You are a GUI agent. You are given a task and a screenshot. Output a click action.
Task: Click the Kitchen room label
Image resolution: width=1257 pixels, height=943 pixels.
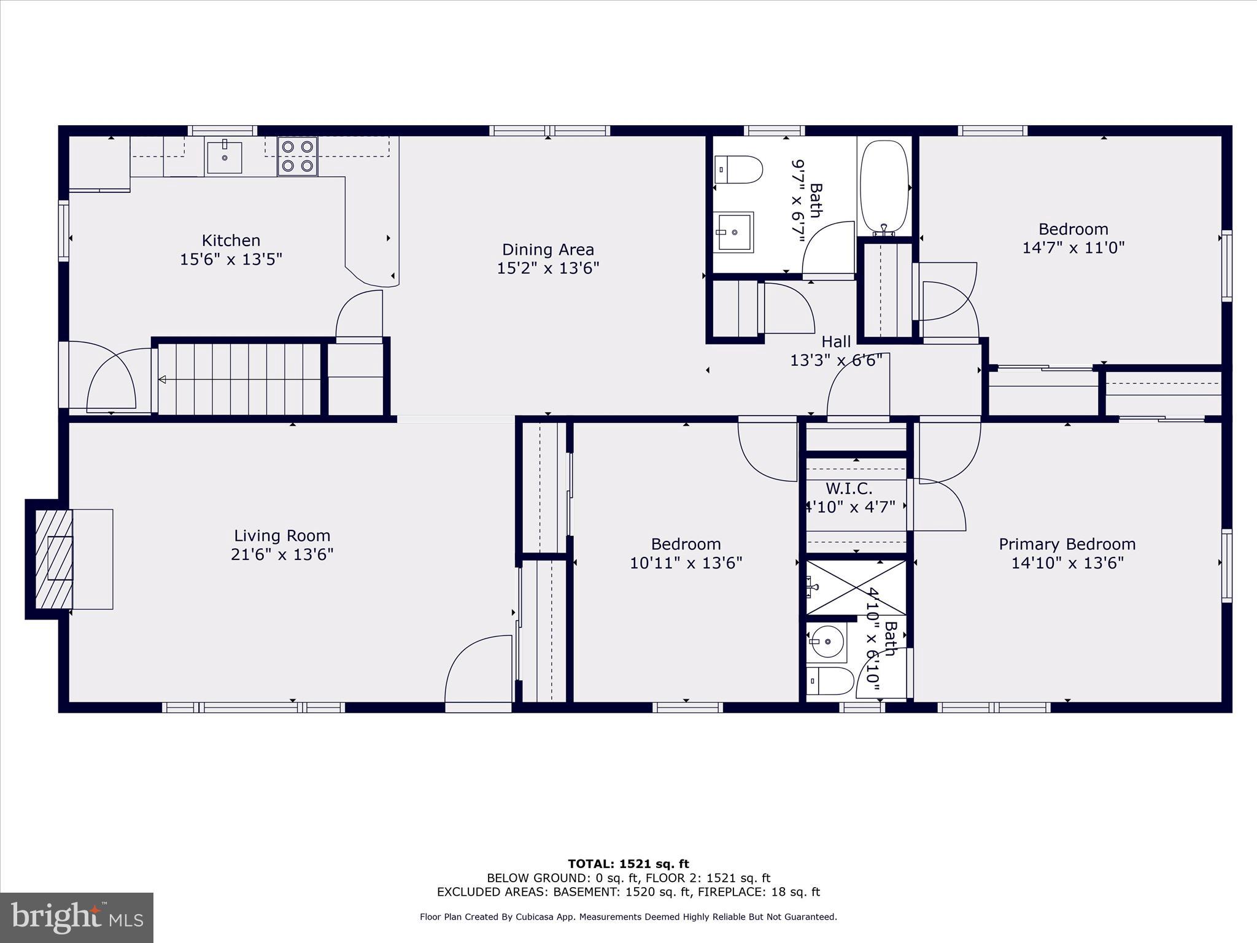(231, 240)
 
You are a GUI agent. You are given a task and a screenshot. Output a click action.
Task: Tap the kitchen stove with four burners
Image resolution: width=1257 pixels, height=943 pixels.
(298, 156)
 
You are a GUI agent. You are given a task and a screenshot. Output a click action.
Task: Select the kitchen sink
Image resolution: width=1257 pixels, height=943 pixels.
(224, 157)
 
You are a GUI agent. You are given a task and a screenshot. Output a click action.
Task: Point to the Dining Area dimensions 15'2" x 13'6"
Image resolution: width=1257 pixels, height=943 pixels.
(547, 268)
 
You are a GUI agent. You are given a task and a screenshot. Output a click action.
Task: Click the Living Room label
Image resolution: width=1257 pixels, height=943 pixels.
(282, 535)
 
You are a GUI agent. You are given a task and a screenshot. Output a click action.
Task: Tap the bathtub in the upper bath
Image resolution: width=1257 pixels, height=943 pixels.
(884, 187)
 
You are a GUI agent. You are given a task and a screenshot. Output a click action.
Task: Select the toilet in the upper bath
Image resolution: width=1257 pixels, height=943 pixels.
(740, 169)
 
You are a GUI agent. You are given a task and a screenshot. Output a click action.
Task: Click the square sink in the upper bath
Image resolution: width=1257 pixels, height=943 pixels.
(735, 232)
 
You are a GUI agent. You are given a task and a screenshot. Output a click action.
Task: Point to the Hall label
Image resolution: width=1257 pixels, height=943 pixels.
(836, 341)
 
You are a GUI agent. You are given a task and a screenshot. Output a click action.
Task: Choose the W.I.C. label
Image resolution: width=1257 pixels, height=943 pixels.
(849, 489)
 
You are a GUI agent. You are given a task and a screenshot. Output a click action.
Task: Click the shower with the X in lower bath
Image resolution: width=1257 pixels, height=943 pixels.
(856, 587)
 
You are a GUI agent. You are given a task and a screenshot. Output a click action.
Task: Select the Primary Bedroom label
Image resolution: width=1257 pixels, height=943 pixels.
(1067, 544)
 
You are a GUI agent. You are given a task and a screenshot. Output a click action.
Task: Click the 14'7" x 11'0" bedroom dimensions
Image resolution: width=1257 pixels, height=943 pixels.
(1073, 247)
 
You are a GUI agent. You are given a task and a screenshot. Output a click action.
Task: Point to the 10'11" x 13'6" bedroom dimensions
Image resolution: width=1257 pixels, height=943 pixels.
(686, 562)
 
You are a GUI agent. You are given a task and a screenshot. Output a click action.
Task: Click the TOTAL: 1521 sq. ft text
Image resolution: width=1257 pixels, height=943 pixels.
(628, 864)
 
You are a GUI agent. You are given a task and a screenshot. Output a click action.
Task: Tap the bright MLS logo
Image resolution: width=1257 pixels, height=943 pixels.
(77, 917)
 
